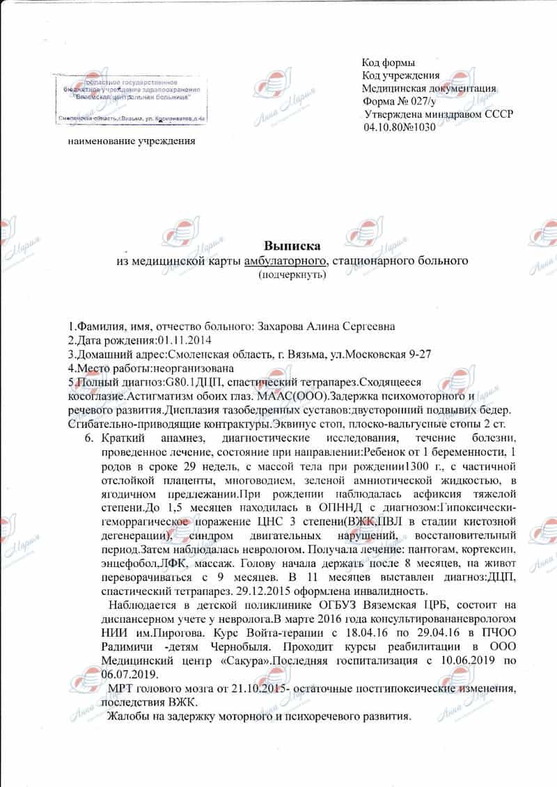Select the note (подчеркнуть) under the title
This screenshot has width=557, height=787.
[292, 275]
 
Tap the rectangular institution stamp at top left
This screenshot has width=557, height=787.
[131, 99]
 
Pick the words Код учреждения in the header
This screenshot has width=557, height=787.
[400, 75]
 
